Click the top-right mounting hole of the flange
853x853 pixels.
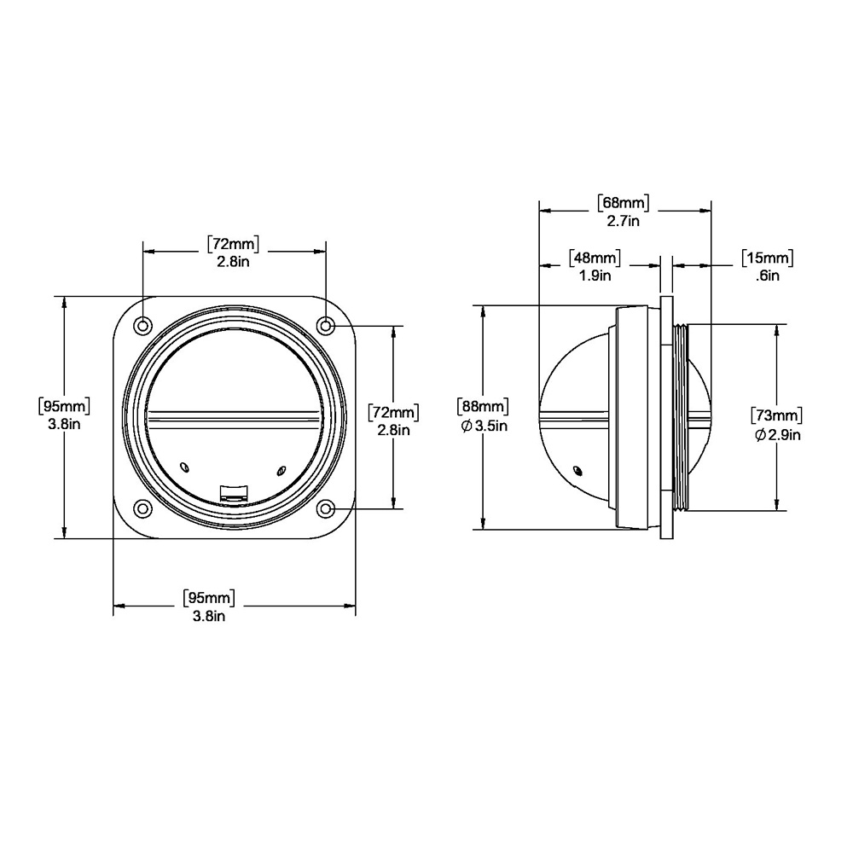[x=326, y=325]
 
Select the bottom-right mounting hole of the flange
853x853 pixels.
[x=326, y=509]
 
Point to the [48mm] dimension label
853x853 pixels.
[x=595, y=258]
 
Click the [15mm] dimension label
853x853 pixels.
[x=767, y=258]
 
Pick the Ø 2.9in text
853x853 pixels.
[x=777, y=435]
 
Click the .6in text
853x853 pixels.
[x=767, y=276]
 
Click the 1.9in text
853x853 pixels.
[x=595, y=276]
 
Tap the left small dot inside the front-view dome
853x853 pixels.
[x=186, y=465]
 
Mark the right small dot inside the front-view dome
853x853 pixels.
[x=281, y=468]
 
